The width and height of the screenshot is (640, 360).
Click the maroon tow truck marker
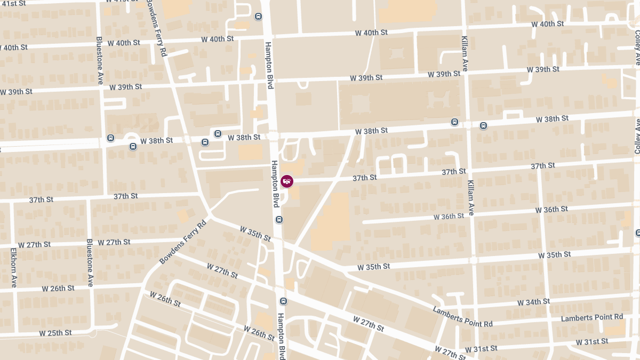pos(287,181)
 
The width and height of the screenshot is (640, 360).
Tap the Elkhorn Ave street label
pos(13,268)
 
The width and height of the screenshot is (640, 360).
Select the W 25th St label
pos(55,333)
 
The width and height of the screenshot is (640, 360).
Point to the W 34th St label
pos(534,302)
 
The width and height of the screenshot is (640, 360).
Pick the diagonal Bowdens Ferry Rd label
pos(182,243)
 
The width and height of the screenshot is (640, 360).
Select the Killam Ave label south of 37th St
pos(471,198)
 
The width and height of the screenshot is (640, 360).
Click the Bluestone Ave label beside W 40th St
pos(100,60)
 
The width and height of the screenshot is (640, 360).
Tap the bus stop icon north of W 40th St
pos(258,17)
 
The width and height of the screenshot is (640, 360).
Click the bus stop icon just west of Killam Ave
pos(454,122)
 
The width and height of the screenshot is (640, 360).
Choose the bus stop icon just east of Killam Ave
pos(483,126)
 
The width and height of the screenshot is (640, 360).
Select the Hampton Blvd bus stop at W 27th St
pos(283,301)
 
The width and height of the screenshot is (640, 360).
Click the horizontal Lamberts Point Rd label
pos(592,317)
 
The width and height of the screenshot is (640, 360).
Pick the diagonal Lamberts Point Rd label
pos(462,317)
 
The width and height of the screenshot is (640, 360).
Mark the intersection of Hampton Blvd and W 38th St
pos(273,135)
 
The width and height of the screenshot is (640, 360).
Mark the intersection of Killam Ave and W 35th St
pos(473,260)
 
